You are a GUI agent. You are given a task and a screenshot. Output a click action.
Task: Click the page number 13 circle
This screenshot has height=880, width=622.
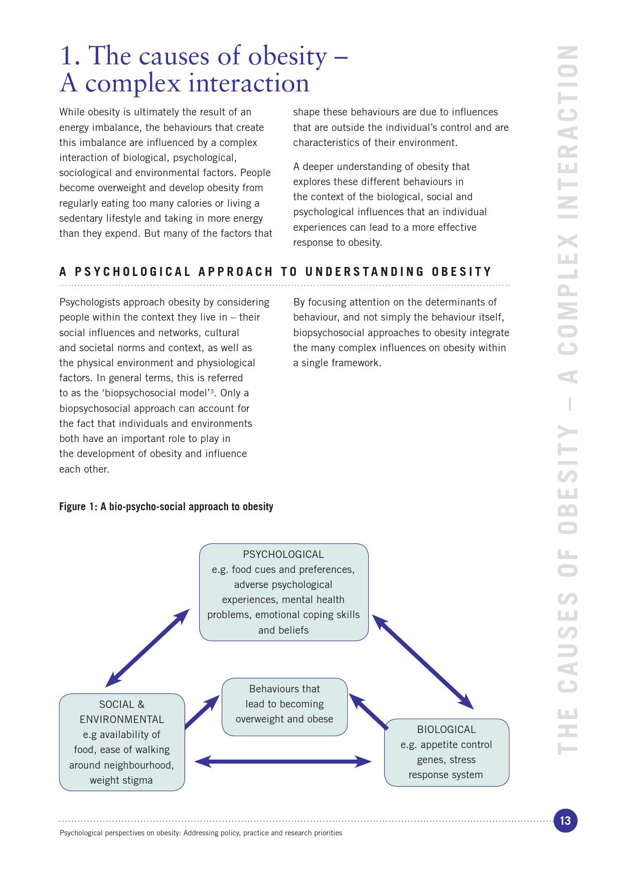(565, 821)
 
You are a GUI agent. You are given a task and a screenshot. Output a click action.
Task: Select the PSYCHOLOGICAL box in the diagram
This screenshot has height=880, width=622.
(283, 592)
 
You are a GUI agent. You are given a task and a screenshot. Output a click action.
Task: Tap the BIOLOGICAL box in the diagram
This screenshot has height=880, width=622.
(446, 752)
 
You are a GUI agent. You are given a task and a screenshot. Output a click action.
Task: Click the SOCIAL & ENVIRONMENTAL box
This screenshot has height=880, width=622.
(121, 742)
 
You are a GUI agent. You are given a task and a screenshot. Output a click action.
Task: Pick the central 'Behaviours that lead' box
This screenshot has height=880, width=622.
(284, 706)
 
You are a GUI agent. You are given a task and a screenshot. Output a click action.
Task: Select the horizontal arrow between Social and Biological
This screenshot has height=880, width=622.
(283, 762)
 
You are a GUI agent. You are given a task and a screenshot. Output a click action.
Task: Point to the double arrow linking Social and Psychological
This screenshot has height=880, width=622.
(147, 648)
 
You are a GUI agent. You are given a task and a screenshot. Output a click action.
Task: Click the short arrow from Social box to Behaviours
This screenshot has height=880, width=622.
(202, 711)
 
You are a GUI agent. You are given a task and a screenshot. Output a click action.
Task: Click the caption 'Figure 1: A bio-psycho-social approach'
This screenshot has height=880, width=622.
(166, 506)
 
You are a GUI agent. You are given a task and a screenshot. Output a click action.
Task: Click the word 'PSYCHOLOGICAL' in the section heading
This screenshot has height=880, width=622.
(133, 272)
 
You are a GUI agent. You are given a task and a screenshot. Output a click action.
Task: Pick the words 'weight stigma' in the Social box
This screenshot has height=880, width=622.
(121, 780)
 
